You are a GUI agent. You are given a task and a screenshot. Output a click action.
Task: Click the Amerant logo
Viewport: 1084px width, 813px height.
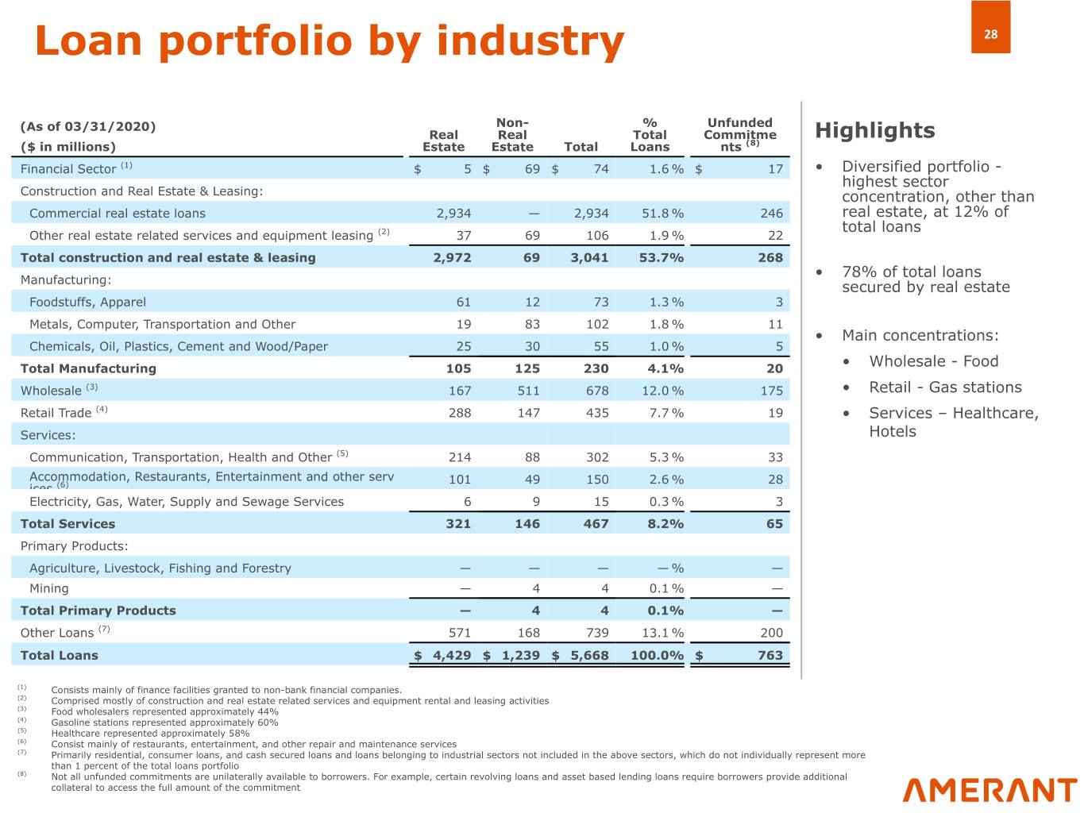[989, 790]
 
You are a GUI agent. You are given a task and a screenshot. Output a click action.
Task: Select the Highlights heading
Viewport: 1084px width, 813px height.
[875, 130]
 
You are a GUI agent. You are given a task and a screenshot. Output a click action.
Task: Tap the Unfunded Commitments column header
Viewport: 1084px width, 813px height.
[739, 134]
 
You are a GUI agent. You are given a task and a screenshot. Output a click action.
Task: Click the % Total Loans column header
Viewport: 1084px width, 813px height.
[650, 134]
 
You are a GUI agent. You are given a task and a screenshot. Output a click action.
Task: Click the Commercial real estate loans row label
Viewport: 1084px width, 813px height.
[118, 214]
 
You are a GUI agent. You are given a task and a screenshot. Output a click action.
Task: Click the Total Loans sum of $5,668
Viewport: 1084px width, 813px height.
[588, 656]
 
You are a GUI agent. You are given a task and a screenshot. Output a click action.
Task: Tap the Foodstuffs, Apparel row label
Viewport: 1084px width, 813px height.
[87, 302]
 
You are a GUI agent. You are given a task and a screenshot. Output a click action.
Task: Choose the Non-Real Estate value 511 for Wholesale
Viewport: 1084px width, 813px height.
[528, 391]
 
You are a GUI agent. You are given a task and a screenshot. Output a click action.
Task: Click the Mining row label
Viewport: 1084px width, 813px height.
[49, 588]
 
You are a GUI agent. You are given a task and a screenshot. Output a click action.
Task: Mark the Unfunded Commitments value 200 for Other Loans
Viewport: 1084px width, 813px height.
[770, 633]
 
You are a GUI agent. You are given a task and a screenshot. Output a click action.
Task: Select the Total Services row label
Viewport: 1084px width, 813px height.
[68, 524]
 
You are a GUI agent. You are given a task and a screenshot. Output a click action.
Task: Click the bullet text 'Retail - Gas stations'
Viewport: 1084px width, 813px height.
[945, 387]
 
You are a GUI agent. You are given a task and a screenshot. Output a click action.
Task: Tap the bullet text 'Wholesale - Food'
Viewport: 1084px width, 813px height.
[933, 361]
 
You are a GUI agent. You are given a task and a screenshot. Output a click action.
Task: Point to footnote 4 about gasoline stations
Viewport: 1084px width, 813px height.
[164, 722]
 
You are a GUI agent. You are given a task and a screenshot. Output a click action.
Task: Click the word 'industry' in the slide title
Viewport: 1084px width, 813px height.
[530, 40]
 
